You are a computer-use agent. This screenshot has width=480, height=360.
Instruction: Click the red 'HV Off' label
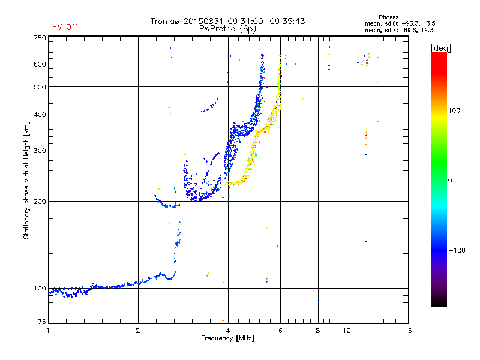[65, 27]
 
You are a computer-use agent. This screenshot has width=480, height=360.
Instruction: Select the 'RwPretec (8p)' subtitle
[227, 29]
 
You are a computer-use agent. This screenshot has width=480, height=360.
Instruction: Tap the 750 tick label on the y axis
[40, 38]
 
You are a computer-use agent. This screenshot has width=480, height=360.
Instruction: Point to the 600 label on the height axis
[40, 64]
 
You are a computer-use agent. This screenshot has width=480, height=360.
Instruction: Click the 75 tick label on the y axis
[42, 322]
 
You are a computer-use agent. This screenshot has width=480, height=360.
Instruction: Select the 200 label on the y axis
[40, 202]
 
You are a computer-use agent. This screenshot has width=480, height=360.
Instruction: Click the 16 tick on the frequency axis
[408, 331]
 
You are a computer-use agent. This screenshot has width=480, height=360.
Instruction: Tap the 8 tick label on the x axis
[318, 331]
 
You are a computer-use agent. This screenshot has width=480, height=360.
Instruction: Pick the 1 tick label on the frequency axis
[48, 331]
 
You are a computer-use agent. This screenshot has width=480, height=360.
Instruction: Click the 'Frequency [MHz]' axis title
[227, 338]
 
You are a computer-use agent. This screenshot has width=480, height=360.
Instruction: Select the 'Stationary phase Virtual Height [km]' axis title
[26, 180]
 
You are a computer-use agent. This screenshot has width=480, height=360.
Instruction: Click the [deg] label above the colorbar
[440, 48]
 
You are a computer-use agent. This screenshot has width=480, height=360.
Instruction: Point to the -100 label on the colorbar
[457, 250]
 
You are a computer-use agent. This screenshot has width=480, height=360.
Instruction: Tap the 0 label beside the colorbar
[450, 181]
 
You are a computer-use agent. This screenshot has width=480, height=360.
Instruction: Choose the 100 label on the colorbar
[454, 110]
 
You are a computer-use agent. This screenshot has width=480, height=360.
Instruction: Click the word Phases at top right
[388, 17]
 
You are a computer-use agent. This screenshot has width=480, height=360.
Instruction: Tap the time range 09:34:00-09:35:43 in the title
[266, 21]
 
